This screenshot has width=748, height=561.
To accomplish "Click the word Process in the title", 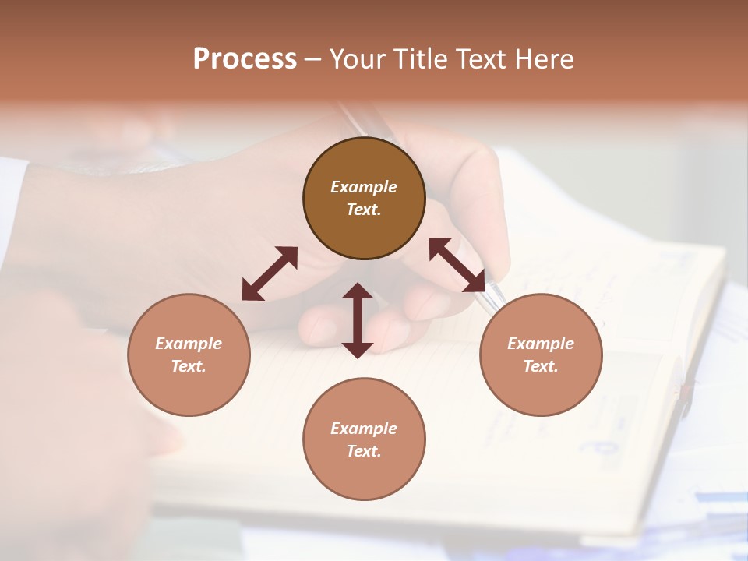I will click(245, 59).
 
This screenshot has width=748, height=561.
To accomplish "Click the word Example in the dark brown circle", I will click(364, 187).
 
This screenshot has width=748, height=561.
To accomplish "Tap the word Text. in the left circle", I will click(189, 366).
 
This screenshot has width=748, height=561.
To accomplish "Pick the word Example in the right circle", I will click(541, 344).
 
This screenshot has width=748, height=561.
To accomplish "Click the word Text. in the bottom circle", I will click(364, 451).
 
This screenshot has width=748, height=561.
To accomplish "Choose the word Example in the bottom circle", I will click(364, 429).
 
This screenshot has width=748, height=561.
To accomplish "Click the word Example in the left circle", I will click(189, 344).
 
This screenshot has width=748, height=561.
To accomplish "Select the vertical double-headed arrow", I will click(358, 320).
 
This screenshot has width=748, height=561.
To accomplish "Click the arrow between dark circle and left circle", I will click(270, 273).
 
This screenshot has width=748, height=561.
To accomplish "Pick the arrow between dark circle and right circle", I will click(457, 265).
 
